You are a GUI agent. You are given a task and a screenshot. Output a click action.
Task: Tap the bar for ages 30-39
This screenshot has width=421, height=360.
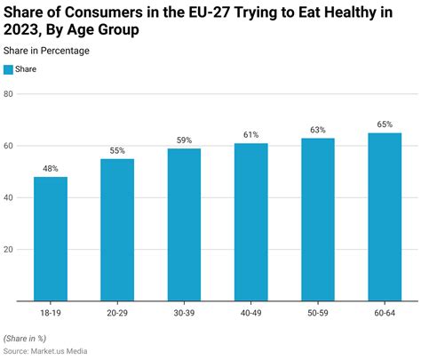point(184,224)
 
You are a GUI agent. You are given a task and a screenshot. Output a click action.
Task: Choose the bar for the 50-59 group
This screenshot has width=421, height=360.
point(317,219)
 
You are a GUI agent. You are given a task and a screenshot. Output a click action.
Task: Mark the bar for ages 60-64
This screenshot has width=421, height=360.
point(384,216)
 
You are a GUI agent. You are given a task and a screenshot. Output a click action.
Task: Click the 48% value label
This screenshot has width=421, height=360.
point(51,169)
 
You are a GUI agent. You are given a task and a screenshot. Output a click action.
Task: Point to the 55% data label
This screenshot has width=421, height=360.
point(117,151)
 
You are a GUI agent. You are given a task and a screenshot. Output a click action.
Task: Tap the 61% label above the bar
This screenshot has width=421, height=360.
point(250,135)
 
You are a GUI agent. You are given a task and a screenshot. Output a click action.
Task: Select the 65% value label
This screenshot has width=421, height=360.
point(384,125)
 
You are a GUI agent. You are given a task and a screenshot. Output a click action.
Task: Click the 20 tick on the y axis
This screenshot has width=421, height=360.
point(9,249)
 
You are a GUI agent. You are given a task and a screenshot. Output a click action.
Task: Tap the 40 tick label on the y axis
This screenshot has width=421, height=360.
point(9,197)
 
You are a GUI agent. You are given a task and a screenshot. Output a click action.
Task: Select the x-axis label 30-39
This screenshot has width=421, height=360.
point(184,312)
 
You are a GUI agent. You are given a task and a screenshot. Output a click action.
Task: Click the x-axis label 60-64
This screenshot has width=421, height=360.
point(384,312)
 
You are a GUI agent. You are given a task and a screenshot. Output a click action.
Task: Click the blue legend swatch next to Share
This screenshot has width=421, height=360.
point(8,68)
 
